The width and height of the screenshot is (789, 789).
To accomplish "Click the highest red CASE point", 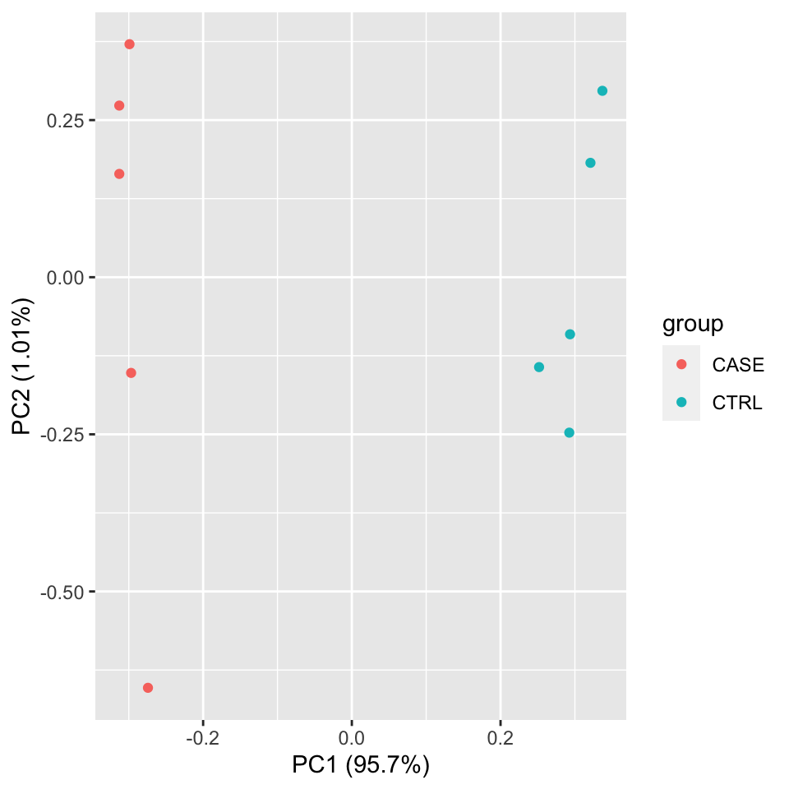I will coord(129,44).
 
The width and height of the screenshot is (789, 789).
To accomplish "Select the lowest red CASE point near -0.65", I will coord(148,688).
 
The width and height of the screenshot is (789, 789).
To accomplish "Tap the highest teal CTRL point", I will coord(602,91).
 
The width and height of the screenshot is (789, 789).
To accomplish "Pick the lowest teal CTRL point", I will coord(569,433).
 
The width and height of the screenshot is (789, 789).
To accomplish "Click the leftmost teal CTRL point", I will coord(539,367).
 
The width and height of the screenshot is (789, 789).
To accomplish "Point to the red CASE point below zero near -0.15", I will coord(131,373).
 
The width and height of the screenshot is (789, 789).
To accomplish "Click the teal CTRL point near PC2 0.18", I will coord(590,163).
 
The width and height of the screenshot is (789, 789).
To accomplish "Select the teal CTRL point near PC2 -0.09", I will coord(570,335).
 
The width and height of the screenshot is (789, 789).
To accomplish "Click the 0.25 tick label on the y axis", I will coord(67,121).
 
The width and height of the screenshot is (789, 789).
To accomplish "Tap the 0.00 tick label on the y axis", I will coord(67,278).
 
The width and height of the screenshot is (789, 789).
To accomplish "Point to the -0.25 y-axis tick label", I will coord(64,435).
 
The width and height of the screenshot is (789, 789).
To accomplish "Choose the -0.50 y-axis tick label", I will coord(64,593).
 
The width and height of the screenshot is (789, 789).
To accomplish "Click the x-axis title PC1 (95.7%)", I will coord(361,765).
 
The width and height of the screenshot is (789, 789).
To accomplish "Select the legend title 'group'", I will coord(693,325).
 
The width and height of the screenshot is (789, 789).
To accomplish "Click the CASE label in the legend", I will coord(738,365).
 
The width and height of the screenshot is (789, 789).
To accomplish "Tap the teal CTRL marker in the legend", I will coord(681,403).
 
